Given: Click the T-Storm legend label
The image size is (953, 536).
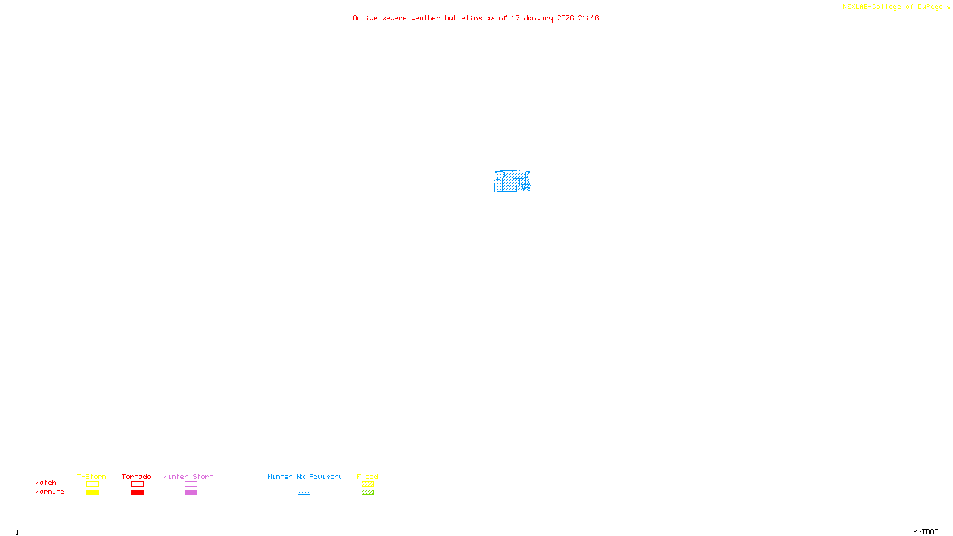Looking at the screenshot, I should (x=92, y=476).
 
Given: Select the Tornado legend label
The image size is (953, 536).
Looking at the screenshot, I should (x=136, y=476).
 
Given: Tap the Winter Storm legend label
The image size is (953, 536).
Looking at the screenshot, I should (x=188, y=476).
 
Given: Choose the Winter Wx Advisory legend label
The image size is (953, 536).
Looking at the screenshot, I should (x=305, y=476).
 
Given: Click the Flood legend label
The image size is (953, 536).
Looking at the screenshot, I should (x=368, y=476).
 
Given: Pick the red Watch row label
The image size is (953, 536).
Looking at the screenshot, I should (x=46, y=482).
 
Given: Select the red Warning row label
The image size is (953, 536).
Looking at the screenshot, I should (x=49, y=492).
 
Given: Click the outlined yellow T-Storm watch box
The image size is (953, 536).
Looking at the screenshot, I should (x=92, y=484).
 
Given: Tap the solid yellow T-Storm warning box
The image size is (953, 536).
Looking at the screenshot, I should (x=92, y=493).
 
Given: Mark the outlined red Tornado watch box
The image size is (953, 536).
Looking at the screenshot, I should (x=137, y=484).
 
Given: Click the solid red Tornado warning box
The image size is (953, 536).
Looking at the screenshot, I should (x=137, y=493).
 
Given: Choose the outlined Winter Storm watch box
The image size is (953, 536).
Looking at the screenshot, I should (x=191, y=484).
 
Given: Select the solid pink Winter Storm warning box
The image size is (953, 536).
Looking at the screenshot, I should (x=191, y=493).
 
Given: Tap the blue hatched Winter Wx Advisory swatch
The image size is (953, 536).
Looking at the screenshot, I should (x=304, y=493).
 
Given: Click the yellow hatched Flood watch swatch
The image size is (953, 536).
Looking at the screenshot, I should (x=368, y=484).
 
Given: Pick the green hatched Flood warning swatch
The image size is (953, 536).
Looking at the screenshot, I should (x=368, y=493).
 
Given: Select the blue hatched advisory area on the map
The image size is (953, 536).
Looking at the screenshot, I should (x=511, y=182).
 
